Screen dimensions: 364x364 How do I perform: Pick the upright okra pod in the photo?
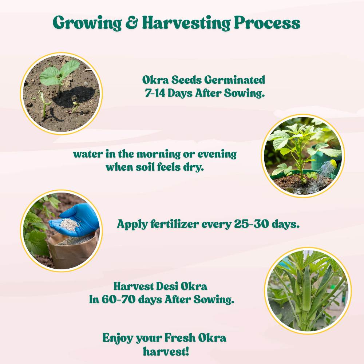pos(306,288)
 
